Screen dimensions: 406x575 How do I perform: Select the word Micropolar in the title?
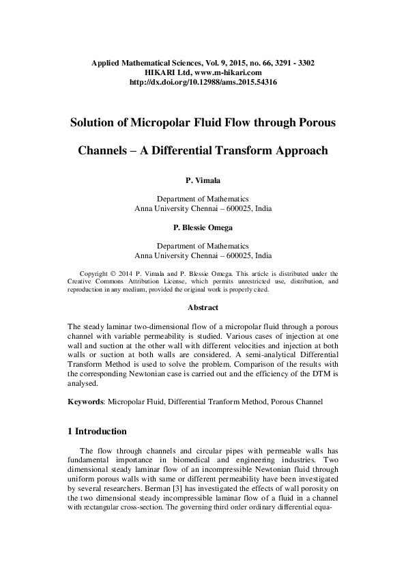[x=150, y=124]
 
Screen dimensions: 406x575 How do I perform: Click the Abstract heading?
[x=203, y=307]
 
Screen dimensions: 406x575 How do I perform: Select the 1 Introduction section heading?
[x=98, y=432]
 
